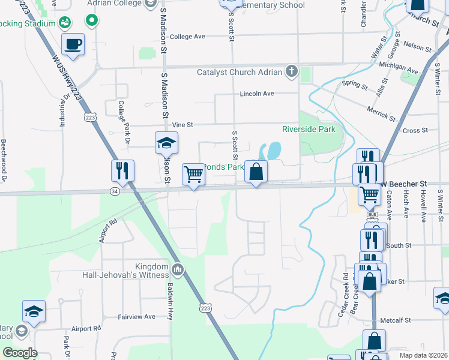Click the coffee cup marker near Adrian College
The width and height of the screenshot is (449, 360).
(x=73, y=44)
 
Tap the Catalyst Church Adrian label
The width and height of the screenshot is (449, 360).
(x=240, y=73)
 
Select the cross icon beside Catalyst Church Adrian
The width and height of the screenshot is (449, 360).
(x=291, y=73)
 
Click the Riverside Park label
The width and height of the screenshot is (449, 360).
(x=309, y=129)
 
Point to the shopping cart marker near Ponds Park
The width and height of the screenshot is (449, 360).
(x=193, y=175)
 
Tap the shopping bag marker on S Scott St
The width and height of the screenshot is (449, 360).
(x=256, y=172)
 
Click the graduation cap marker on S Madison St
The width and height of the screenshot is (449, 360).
(x=166, y=143)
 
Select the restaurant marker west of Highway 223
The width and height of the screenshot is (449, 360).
(x=122, y=171)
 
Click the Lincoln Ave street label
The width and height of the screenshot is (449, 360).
(x=256, y=94)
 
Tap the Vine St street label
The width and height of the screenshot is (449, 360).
(x=182, y=125)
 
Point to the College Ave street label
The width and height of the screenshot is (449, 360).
(x=187, y=37)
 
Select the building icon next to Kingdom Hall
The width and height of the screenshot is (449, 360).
(x=178, y=268)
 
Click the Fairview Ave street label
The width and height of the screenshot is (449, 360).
(x=136, y=316)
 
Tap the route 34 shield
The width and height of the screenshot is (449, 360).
(x=113, y=191)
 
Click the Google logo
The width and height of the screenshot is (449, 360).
(x=20, y=353)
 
